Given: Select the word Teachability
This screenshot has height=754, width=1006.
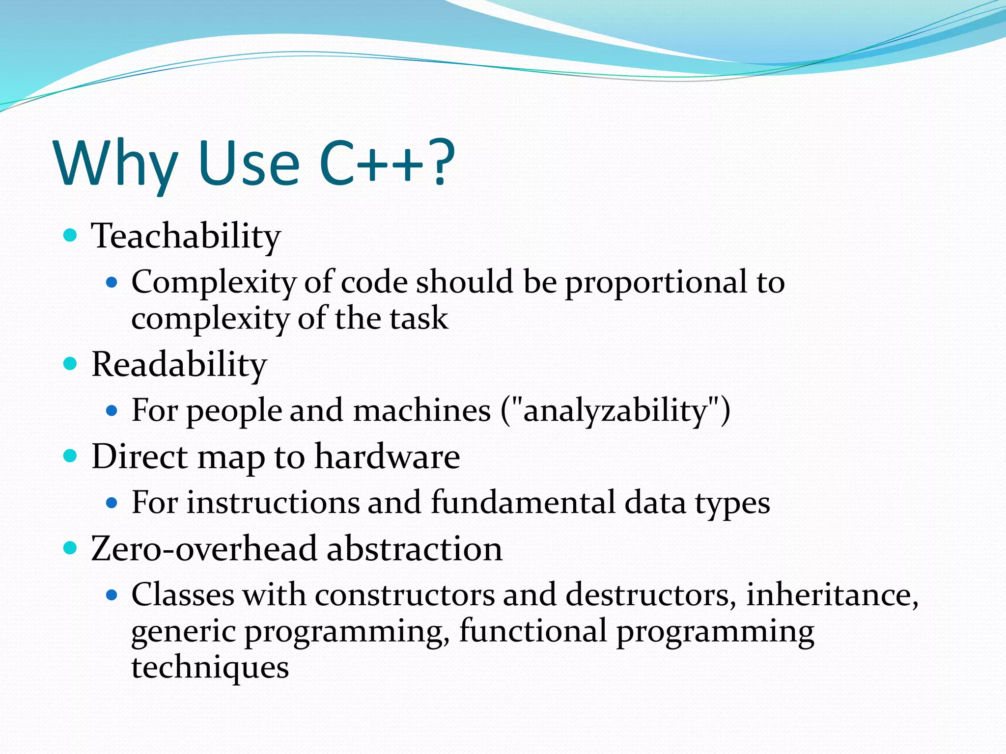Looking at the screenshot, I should [x=186, y=237].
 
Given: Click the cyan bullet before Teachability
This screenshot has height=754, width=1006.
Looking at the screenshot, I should [x=71, y=235].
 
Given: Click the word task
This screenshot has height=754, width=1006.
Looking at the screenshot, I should [x=419, y=319].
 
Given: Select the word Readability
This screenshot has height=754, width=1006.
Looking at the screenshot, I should [x=179, y=365].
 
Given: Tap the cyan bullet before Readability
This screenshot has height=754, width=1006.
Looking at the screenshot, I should [x=71, y=364].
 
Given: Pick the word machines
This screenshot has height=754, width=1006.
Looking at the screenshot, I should [x=422, y=410].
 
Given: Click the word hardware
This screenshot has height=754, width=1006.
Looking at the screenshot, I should [x=387, y=457].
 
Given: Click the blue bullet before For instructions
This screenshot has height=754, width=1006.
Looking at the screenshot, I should [x=112, y=503].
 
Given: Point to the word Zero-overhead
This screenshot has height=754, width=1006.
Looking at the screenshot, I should [x=204, y=549].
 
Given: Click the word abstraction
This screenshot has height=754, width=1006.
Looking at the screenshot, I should [x=415, y=549].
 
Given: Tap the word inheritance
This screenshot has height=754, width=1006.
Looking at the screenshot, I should [x=831, y=595].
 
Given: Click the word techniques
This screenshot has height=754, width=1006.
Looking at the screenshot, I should [x=210, y=668].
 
